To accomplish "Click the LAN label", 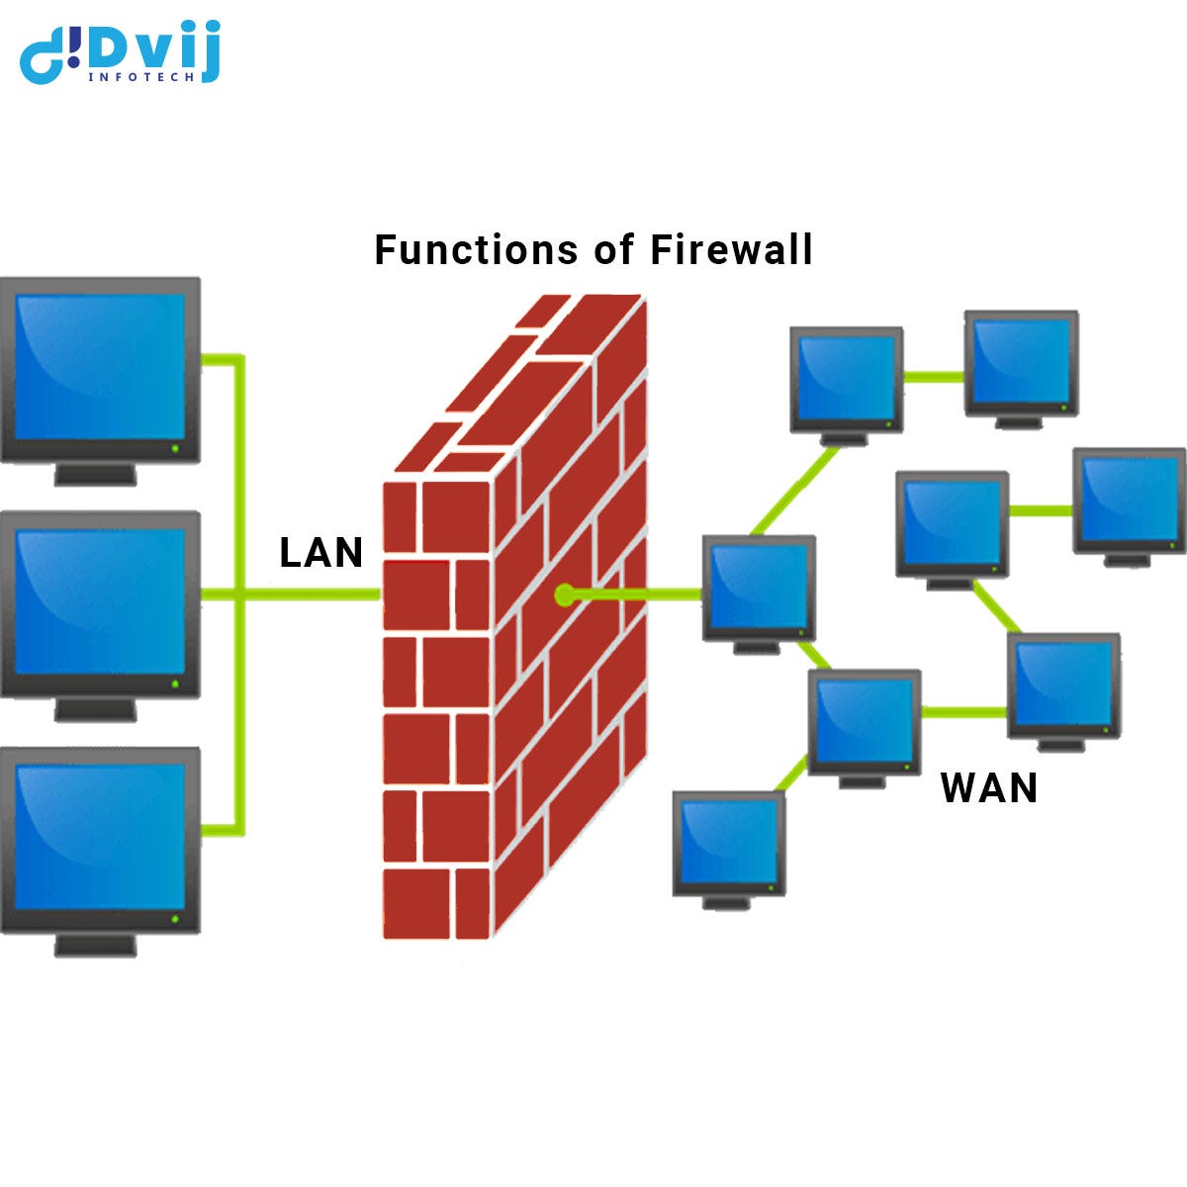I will (321, 553).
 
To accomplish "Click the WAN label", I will (989, 788).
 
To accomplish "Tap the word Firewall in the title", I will (731, 249).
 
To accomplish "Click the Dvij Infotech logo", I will (120, 52).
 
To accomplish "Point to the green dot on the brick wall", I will (564, 594).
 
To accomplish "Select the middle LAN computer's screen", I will (100, 599).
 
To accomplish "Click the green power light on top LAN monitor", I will (176, 448).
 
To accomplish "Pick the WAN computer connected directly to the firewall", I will (759, 587).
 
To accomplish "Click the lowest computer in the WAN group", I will (729, 843).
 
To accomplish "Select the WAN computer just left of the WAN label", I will (865, 721).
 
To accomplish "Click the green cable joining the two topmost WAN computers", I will (934, 376).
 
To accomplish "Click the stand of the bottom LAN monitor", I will (95, 945).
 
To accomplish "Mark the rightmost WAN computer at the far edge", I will (1129, 501).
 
